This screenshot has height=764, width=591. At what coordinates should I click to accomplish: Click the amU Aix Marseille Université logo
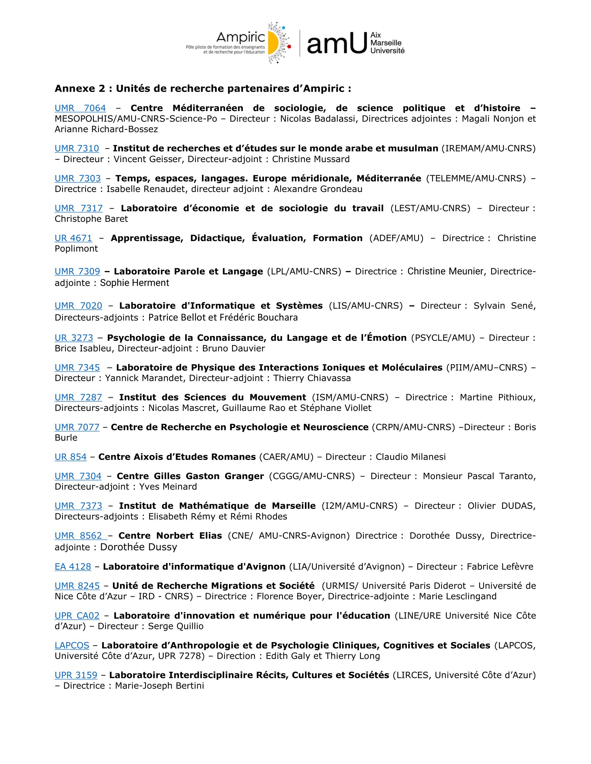click(355, 43)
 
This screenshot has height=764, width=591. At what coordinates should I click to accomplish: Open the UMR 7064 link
click(80, 108)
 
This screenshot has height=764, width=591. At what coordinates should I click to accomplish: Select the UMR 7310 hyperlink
click(77, 148)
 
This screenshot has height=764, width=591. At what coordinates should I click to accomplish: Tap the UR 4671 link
click(73, 238)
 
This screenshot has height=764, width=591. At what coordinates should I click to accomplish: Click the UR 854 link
click(71, 456)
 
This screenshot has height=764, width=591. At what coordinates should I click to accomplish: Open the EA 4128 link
click(73, 566)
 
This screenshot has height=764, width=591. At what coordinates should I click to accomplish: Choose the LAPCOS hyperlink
click(72, 645)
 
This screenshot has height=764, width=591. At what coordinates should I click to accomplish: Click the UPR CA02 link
click(77, 615)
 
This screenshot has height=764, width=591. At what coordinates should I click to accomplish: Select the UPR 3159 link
click(76, 675)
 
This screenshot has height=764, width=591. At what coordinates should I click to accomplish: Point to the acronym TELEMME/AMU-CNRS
click(476, 178)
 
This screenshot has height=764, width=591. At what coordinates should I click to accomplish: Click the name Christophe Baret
click(91, 219)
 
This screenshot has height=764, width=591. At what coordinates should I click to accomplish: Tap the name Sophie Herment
click(134, 283)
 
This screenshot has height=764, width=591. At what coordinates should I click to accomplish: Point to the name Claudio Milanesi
click(410, 456)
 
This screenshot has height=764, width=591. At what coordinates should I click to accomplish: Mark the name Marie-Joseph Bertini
click(159, 685)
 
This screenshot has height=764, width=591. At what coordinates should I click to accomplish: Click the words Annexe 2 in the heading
click(80, 89)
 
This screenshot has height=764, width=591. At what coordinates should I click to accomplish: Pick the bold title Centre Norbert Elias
click(170, 536)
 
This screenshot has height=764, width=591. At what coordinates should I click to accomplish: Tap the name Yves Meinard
click(168, 486)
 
